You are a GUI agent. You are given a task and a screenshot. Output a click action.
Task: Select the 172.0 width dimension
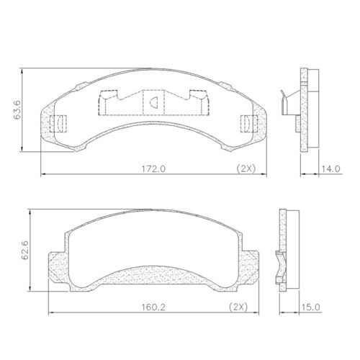153,168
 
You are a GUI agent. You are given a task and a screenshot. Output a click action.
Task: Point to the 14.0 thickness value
330,168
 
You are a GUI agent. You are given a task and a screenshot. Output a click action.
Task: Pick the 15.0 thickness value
312,307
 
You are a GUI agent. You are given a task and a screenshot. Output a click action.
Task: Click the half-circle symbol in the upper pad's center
154,103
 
